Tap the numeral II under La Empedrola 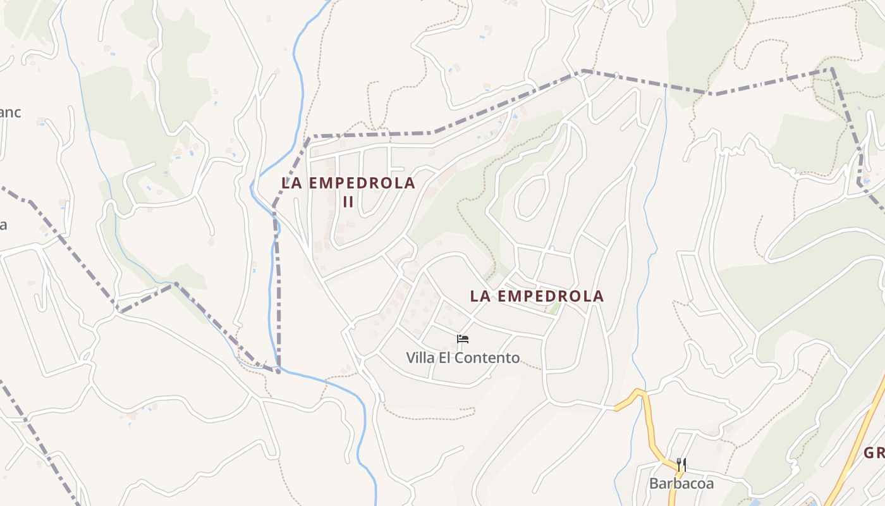(348, 202)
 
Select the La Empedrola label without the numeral (537, 296)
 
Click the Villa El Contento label (463, 358)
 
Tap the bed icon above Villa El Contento (463, 339)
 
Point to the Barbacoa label (681, 484)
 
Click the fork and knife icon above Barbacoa (681, 466)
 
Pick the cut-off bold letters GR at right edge (874, 454)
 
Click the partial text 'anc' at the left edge (10, 113)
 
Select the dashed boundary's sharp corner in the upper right (831, 69)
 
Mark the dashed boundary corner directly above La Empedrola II (309, 137)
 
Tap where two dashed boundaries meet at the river (278, 369)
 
